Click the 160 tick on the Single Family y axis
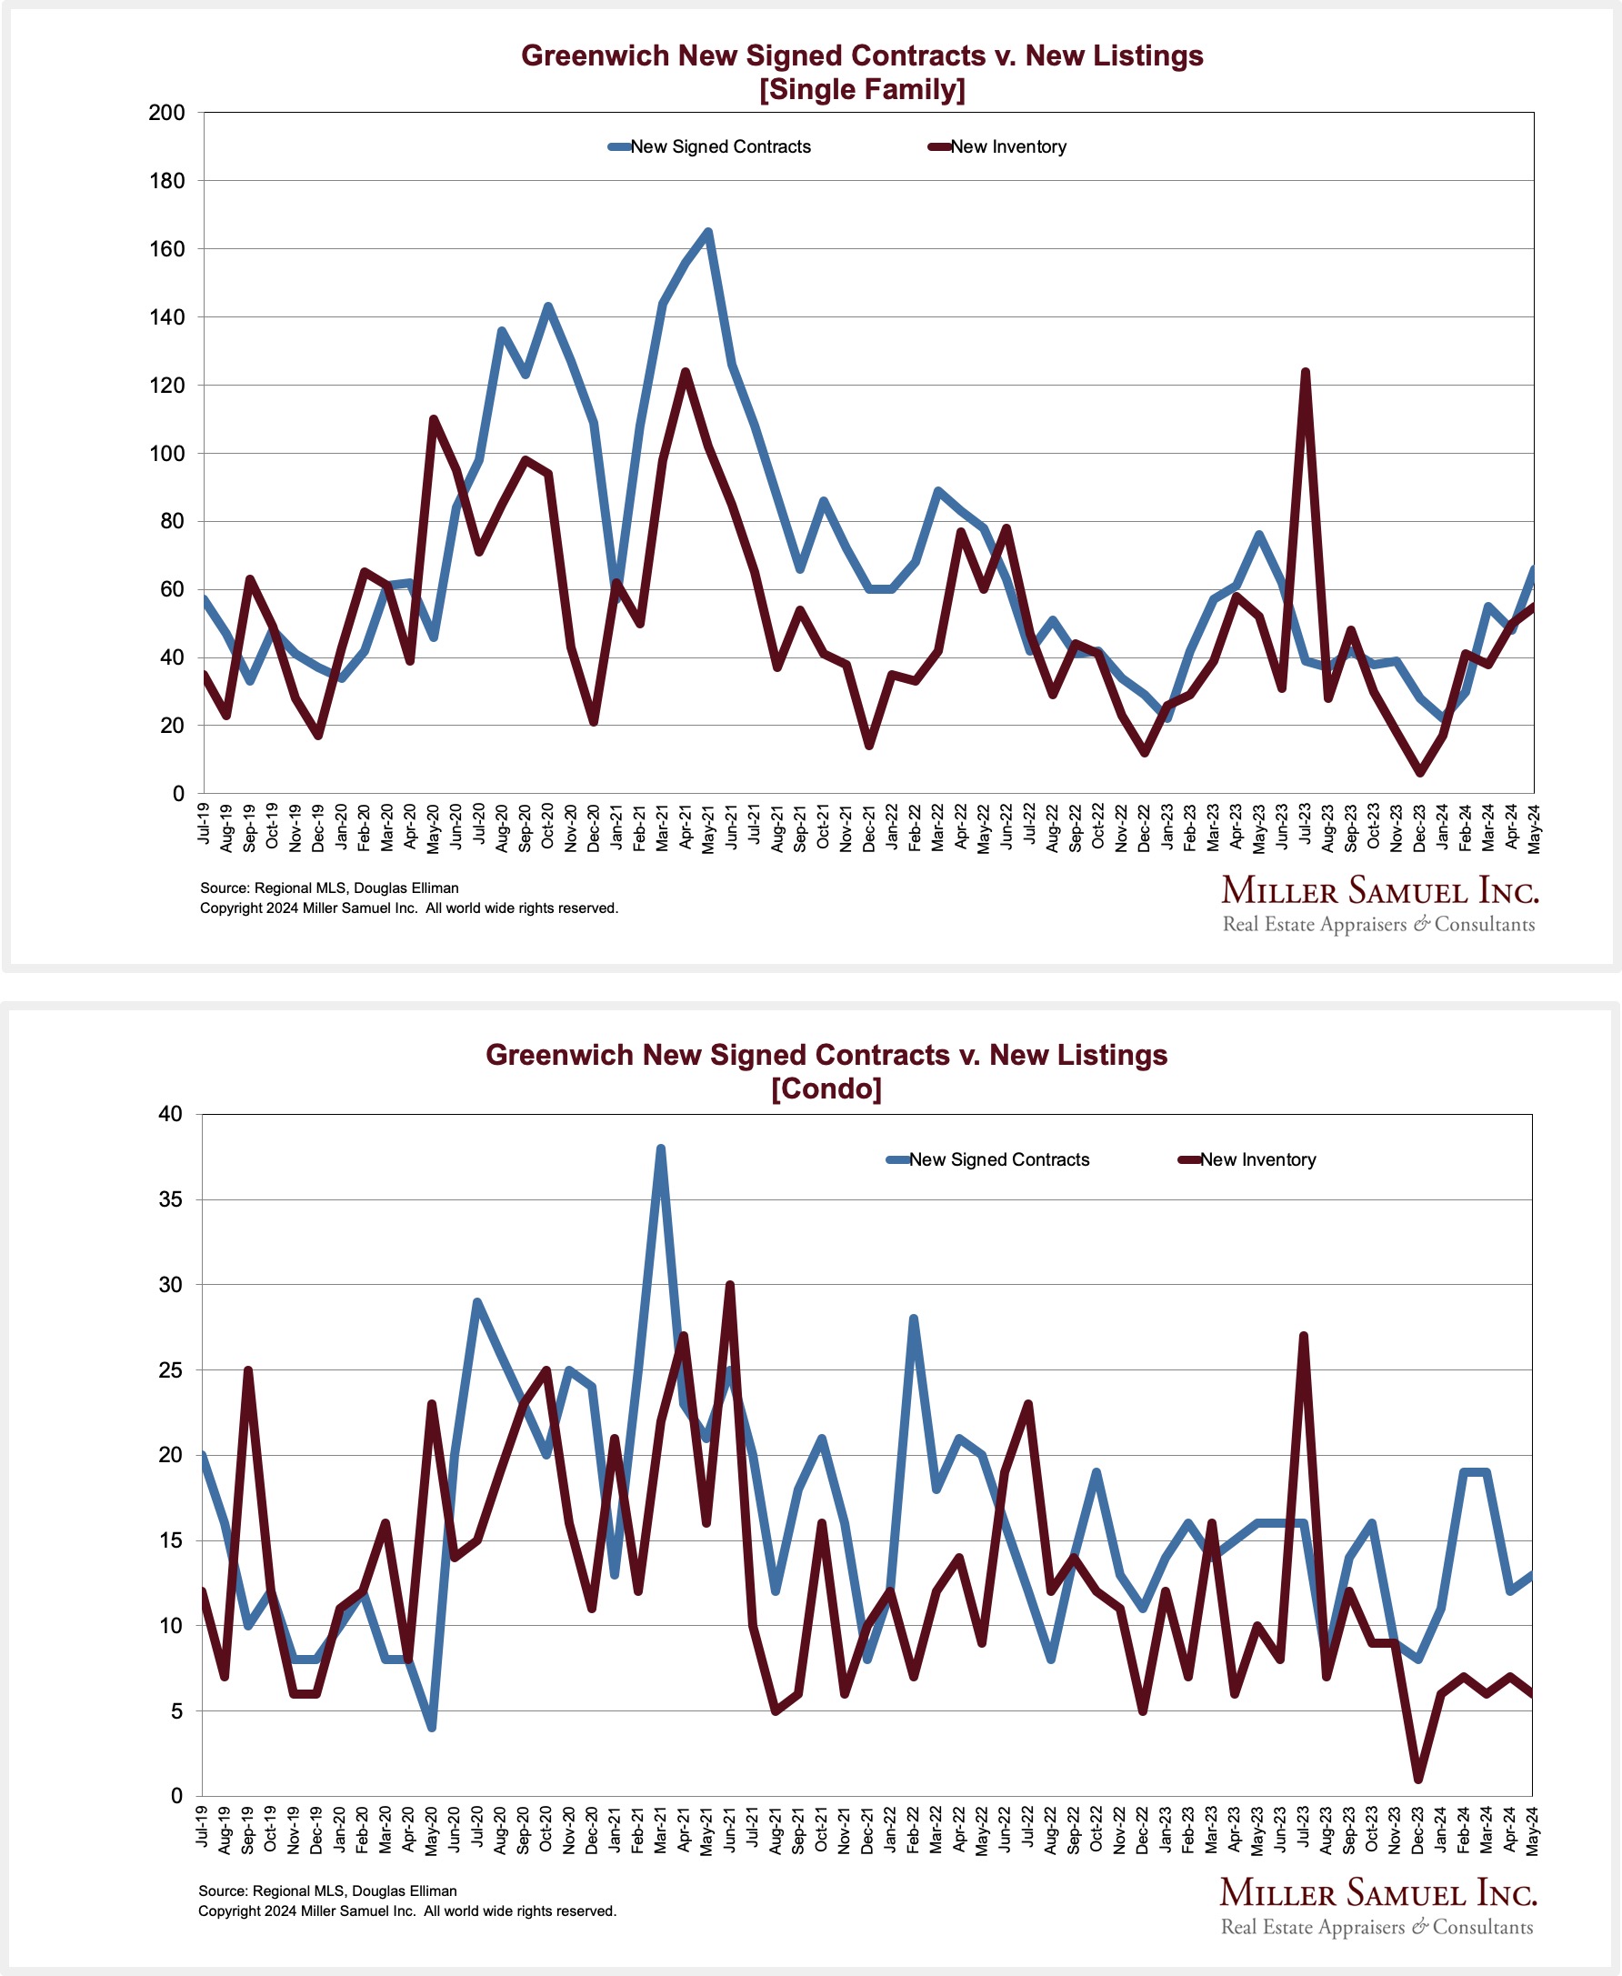pos(166,249)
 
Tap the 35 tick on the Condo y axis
pos(171,1199)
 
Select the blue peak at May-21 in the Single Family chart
pos(708,232)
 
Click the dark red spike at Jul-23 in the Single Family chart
pos(1306,373)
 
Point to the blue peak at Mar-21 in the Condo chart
pos(661,1148)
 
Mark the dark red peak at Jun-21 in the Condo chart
pos(730,1286)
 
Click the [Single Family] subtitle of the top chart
pos(861,90)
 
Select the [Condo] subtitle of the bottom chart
pos(826,1088)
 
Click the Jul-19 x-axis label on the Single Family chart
pos(204,823)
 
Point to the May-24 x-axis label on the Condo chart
pos(1532,1829)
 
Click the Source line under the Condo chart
pos(327,1891)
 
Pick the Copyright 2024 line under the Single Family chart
pos(408,908)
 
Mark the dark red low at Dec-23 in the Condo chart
pos(1418,1778)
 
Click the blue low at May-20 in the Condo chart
pos(432,1728)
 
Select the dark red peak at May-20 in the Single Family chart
pos(433,419)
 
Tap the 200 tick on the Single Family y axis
pos(166,113)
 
